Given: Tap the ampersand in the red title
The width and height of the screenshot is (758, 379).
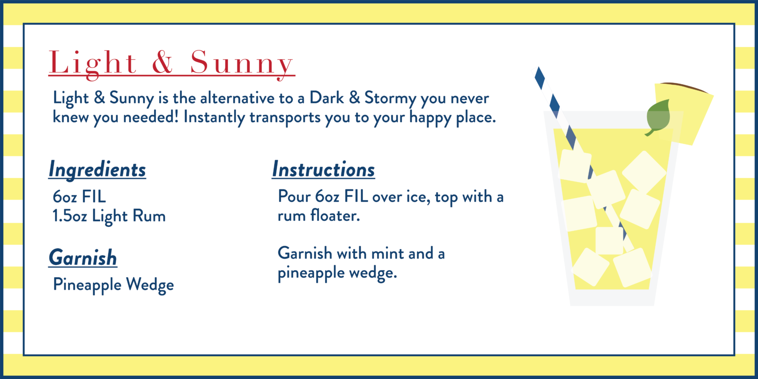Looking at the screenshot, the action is point(162,62).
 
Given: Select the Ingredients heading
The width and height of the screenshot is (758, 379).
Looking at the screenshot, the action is point(97,170).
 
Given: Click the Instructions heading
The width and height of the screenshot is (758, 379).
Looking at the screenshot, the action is point(324,170).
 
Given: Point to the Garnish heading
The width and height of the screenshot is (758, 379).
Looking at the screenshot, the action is point(83,258).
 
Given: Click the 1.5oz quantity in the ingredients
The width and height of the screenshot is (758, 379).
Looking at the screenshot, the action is point(70,216).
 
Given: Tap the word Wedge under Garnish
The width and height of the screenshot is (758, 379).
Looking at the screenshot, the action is point(150,285).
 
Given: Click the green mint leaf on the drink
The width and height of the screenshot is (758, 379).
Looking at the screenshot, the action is point(658,117).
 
